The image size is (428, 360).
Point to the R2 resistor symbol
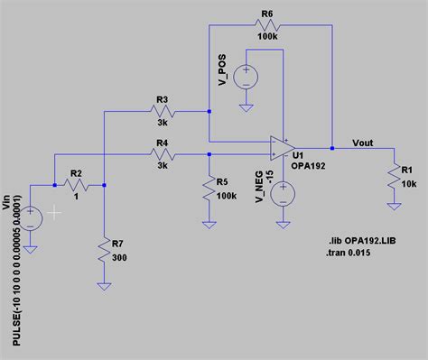(x=76, y=186)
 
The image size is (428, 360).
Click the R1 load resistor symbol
(x=393, y=177)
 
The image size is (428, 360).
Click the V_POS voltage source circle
(x=247, y=77)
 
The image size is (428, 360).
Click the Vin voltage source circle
(x=32, y=216)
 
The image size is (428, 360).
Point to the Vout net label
(x=361, y=141)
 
